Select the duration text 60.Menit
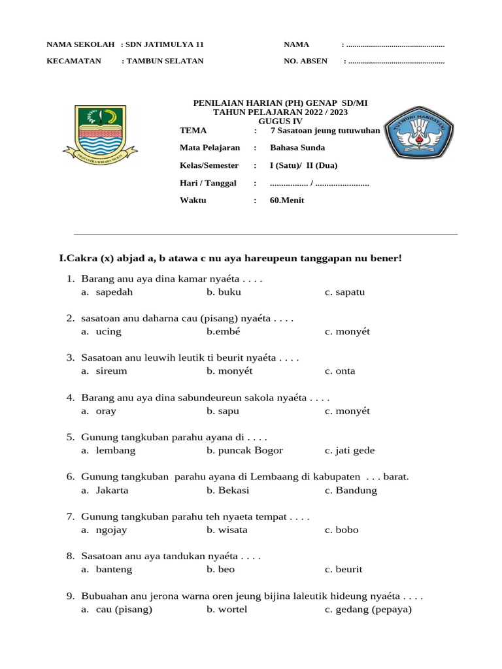[287, 200]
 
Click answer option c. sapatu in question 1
[344, 292]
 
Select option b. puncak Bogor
[244, 451]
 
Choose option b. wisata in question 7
[227, 530]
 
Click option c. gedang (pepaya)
[368, 610]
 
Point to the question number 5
[70, 436]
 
